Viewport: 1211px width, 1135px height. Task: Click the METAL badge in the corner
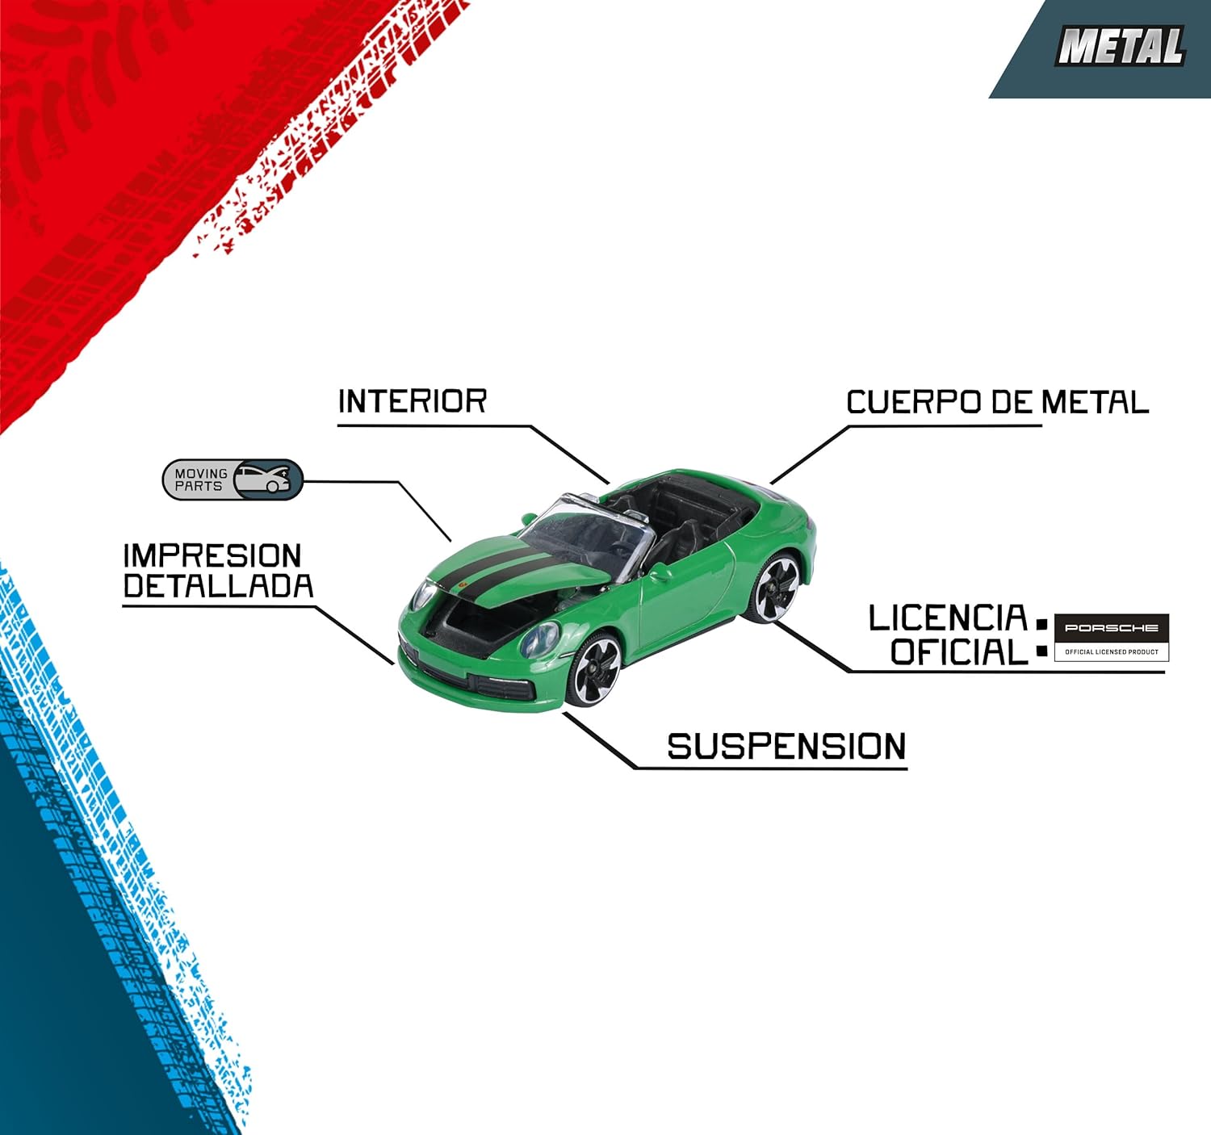(1120, 47)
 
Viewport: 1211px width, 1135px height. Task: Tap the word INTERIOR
(412, 401)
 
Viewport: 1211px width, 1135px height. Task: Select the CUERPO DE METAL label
(997, 402)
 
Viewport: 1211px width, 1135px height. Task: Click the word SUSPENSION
(786, 747)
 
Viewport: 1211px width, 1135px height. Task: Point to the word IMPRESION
(212, 555)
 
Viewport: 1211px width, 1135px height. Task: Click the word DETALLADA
(218, 587)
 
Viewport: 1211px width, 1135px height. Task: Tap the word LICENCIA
(947, 619)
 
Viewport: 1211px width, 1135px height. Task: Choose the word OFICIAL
(958, 652)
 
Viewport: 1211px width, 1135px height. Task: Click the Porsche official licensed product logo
(1111, 637)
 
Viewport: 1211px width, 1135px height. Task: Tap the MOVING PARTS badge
(233, 480)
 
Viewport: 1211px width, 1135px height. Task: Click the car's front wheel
(595, 669)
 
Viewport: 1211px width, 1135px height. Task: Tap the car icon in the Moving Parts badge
(267, 480)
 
